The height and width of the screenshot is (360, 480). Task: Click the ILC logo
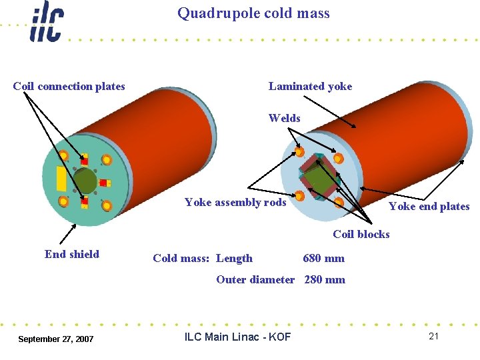click(47, 22)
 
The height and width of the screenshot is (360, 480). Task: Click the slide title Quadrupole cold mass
click(253, 13)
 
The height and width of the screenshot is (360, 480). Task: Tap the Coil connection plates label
click(69, 86)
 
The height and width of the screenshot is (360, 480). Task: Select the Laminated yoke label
click(310, 86)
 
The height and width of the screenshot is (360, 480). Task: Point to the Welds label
click(284, 118)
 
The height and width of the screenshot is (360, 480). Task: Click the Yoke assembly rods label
click(235, 202)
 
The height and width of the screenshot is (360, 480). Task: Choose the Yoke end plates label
click(429, 206)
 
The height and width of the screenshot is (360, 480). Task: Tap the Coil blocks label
click(361, 234)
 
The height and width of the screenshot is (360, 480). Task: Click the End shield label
click(72, 254)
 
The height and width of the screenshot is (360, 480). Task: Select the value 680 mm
click(323, 258)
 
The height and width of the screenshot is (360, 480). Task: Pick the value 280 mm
click(325, 279)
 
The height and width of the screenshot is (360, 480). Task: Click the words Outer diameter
click(255, 279)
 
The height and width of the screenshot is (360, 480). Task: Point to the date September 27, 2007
click(56, 339)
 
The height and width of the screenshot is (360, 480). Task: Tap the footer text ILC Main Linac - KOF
click(237, 337)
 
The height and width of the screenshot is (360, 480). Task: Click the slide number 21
click(433, 336)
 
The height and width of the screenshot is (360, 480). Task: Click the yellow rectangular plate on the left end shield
click(61, 178)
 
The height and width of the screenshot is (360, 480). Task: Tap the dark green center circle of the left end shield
click(85, 180)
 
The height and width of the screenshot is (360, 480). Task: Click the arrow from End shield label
click(69, 233)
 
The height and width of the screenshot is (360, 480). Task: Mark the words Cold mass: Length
click(203, 258)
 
